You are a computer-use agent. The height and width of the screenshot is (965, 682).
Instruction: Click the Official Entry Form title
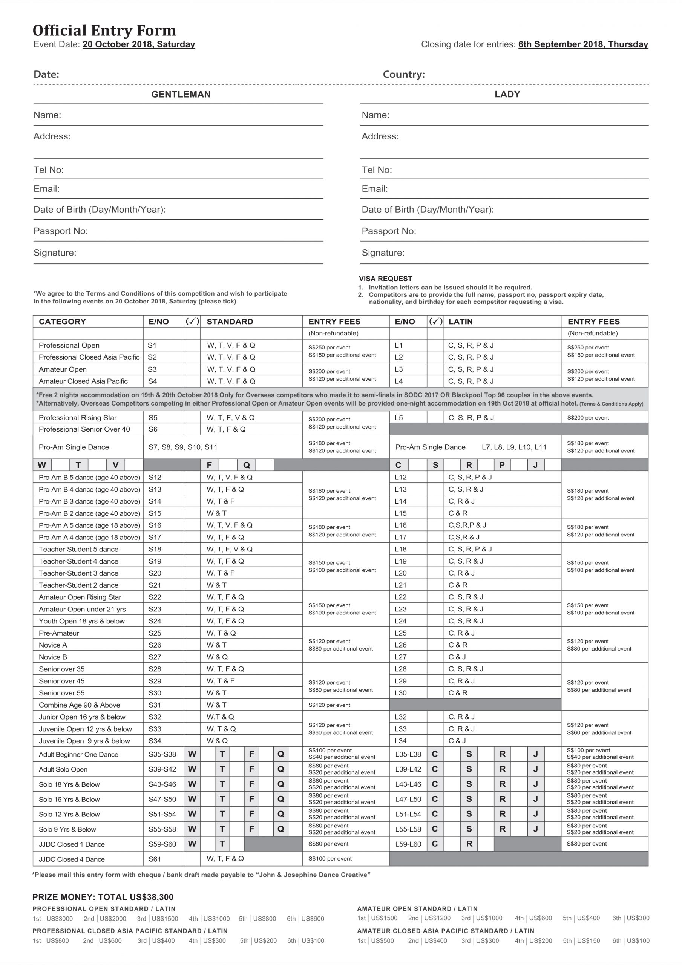(104, 30)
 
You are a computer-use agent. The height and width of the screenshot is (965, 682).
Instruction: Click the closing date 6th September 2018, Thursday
(583, 44)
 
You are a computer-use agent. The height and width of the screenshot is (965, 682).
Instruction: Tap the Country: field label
(404, 74)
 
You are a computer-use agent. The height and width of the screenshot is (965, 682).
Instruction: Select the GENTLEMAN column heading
(181, 94)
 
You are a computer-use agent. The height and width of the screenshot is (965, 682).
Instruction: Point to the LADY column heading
(507, 94)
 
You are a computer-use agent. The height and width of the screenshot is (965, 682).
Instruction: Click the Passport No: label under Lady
(389, 231)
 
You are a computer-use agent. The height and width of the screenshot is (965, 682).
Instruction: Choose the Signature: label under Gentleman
(55, 253)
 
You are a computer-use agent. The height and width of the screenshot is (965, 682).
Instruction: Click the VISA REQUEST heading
(385, 279)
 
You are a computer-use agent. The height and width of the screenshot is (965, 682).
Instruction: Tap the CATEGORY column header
(62, 322)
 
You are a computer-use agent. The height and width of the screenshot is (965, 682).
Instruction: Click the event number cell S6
(153, 429)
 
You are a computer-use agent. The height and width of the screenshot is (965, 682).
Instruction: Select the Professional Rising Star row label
(78, 417)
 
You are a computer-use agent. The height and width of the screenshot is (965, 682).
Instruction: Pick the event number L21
(401, 585)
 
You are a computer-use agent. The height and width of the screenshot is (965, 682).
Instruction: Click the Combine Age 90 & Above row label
(80, 705)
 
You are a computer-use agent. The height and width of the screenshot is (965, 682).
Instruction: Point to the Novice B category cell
(53, 657)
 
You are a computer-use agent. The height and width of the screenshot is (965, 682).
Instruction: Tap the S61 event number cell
(155, 859)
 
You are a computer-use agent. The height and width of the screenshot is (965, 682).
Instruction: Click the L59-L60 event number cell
(408, 844)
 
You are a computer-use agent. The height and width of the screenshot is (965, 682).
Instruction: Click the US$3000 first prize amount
(59, 919)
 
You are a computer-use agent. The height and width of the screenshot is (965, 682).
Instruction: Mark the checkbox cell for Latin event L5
(435, 417)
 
